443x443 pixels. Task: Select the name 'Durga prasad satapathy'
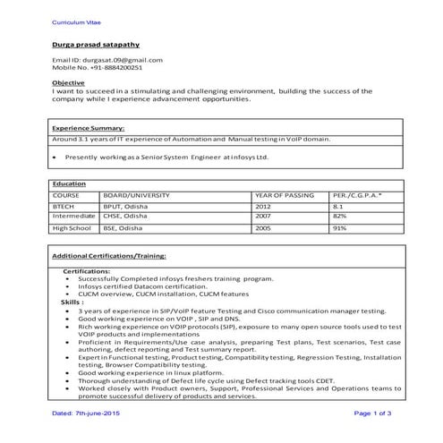click(x=96, y=44)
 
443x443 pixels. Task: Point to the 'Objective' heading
click(x=69, y=82)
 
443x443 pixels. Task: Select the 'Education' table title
click(x=70, y=183)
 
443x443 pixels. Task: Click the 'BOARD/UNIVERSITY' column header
click(x=137, y=193)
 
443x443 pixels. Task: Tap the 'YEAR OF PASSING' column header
click(x=284, y=193)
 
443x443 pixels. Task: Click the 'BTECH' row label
click(x=64, y=205)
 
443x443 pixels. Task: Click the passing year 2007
click(x=262, y=216)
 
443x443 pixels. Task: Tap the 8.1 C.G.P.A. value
click(x=338, y=205)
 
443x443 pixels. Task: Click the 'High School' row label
click(x=72, y=228)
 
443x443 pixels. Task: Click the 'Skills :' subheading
click(x=72, y=302)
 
